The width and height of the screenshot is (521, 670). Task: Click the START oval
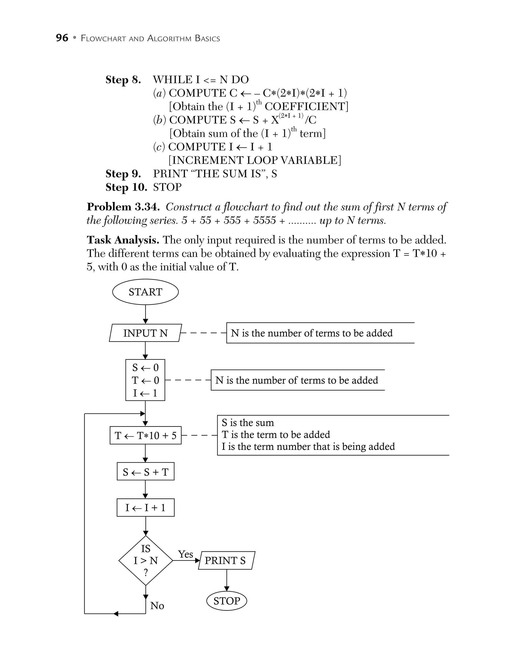pyautogui.click(x=145, y=292)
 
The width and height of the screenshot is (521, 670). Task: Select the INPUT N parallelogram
pyautogui.click(x=145, y=333)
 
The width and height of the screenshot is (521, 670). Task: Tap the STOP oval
pyautogui.click(x=227, y=601)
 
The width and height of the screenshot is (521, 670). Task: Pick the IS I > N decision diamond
pyautogui.click(x=146, y=561)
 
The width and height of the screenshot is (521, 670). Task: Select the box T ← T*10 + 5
pyautogui.click(x=145, y=435)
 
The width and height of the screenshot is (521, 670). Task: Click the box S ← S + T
pyautogui.click(x=145, y=472)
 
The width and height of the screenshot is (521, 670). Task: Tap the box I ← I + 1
pyautogui.click(x=145, y=508)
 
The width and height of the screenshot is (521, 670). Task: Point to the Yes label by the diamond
pyautogui.click(x=185, y=554)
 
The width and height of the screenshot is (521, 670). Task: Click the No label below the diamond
pyautogui.click(x=157, y=606)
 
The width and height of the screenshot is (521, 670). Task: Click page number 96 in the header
pyautogui.click(x=62, y=38)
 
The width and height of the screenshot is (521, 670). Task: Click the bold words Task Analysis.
pyautogui.click(x=123, y=240)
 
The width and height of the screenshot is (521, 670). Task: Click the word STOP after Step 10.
pyautogui.click(x=167, y=187)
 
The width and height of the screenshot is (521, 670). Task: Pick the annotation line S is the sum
pyautogui.click(x=248, y=423)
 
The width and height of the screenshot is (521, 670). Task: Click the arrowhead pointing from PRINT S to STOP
pyautogui.click(x=227, y=588)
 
